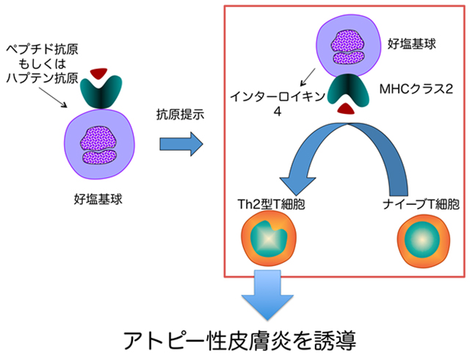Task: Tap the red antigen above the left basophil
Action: [x=97, y=75]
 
